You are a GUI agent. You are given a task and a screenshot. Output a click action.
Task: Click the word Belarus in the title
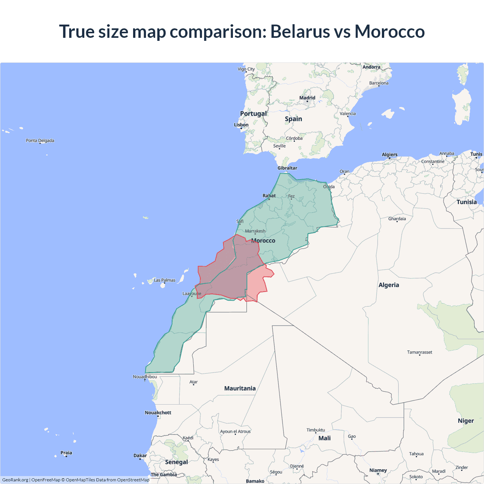pyautogui.click(x=300, y=31)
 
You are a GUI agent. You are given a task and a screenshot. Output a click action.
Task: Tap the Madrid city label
pyautogui.click(x=307, y=98)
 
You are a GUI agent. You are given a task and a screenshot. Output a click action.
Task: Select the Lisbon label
pyautogui.click(x=241, y=125)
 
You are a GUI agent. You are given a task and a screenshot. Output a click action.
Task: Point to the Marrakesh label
pyautogui.click(x=255, y=231)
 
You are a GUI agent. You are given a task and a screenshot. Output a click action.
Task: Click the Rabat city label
pyautogui.click(x=269, y=195)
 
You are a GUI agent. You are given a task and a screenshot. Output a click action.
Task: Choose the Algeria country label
pyautogui.click(x=389, y=285)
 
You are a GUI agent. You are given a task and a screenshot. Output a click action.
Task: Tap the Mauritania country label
pyautogui.click(x=240, y=388)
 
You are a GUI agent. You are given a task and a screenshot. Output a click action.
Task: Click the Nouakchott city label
pyautogui.click(x=158, y=413)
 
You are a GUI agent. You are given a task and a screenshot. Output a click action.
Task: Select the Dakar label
pyautogui.click(x=140, y=456)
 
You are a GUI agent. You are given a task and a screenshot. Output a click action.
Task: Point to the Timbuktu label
pyautogui.click(x=316, y=430)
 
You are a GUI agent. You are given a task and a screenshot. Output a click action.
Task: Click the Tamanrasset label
pyautogui.click(x=419, y=352)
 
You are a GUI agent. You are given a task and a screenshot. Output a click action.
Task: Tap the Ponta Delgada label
pyautogui.click(x=40, y=141)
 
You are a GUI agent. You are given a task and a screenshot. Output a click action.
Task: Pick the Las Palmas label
pyautogui.click(x=164, y=280)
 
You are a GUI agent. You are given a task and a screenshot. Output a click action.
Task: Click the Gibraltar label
pyautogui.click(x=287, y=168)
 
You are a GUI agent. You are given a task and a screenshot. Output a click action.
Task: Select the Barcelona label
pyautogui.click(x=379, y=83)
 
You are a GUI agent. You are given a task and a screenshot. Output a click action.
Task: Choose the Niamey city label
pyautogui.click(x=378, y=470)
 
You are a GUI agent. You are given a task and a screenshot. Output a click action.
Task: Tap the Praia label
pyautogui.click(x=66, y=453)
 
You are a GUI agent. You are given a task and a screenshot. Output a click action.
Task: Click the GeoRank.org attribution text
pyautogui.click(x=15, y=480)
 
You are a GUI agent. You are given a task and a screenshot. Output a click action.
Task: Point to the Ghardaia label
pyautogui.click(x=397, y=219)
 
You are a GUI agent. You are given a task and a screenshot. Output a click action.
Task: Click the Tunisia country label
pyautogui.click(x=467, y=202)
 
